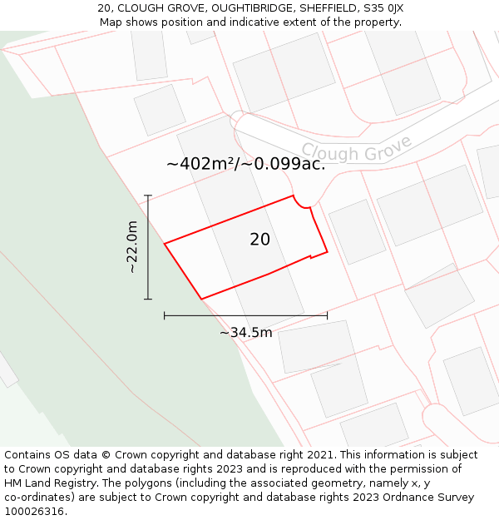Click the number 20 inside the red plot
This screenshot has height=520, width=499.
click(x=259, y=240)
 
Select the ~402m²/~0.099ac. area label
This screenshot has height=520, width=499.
click(x=245, y=164)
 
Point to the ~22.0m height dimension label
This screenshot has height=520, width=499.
click(x=132, y=247)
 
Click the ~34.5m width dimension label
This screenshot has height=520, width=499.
click(x=245, y=333)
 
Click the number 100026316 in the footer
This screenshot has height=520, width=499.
click(x=33, y=512)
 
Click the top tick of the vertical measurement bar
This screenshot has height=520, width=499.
click(x=148, y=196)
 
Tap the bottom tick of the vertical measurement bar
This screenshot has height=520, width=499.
click(x=148, y=299)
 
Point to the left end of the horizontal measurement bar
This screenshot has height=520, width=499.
click(x=165, y=315)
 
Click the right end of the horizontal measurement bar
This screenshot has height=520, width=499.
click(x=327, y=315)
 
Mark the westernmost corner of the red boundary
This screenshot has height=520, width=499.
click(x=165, y=244)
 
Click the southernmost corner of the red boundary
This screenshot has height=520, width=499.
click(x=201, y=299)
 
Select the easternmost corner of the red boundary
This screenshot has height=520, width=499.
click(x=327, y=250)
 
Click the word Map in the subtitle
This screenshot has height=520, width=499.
click(x=111, y=22)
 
